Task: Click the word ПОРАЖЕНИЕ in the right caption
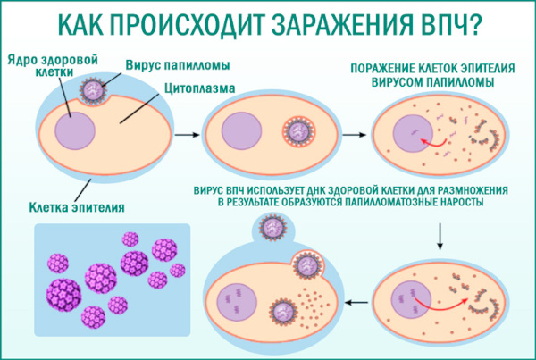coord(387,69)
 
